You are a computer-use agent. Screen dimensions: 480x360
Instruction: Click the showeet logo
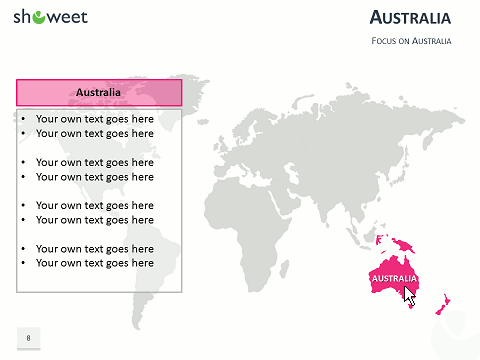tap(50, 17)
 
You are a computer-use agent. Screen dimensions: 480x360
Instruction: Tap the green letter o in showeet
tap(38, 17)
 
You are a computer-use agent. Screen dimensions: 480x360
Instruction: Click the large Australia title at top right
tap(410, 18)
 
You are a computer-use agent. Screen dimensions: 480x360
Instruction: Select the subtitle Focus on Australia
tap(411, 41)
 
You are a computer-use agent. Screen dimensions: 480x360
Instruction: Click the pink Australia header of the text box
tap(99, 92)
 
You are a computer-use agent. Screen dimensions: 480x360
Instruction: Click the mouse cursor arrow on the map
tap(409, 295)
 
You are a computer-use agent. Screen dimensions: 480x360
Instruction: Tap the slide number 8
tap(28, 338)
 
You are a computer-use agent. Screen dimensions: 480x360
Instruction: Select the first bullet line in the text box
tap(94, 118)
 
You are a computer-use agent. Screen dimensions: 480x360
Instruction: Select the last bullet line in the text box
tap(94, 263)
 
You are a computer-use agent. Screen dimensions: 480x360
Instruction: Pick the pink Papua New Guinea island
tap(404, 245)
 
